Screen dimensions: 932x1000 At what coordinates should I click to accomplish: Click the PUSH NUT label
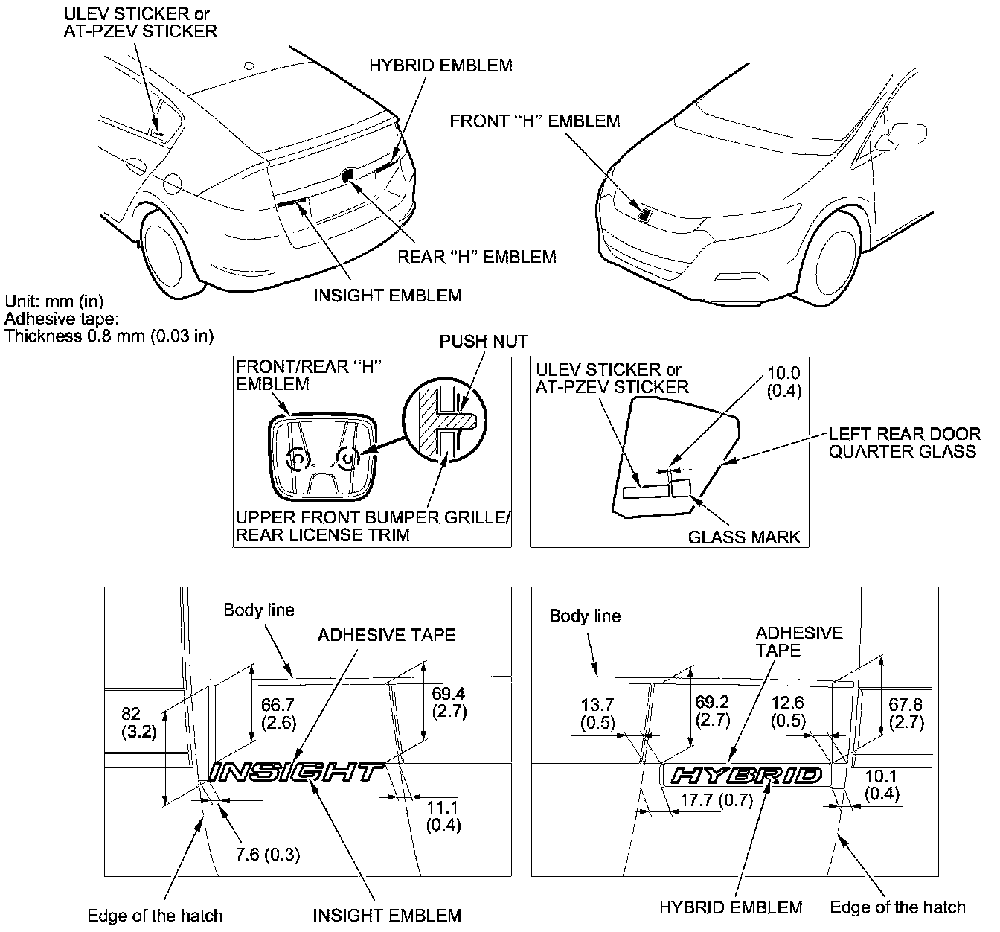tap(483, 342)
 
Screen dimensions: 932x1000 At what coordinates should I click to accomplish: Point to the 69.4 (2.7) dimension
tap(449, 702)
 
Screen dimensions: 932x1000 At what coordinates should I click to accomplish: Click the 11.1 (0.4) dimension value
tap(443, 816)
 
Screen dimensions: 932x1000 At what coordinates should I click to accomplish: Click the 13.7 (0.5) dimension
tap(598, 712)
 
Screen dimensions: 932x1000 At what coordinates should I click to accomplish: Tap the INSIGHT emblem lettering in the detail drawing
tap(296, 772)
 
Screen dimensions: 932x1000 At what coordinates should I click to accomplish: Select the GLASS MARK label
tap(744, 537)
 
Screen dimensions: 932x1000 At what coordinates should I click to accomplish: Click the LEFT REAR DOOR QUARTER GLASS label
tap(904, 442)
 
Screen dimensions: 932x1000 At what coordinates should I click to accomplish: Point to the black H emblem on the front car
tap(644, 214)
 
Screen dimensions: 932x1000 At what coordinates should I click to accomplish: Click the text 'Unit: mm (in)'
tap(54, 301)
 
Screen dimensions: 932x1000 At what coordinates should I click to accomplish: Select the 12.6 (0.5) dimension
tap(788, 712)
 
